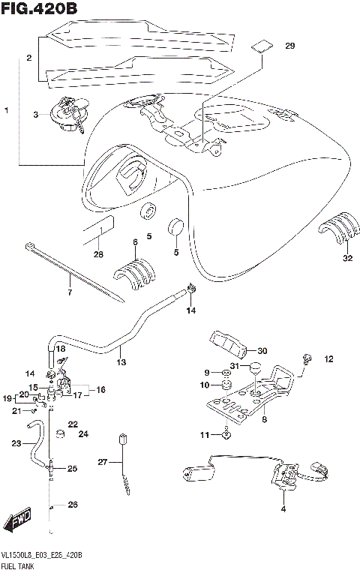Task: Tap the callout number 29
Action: click(x=290, y=46)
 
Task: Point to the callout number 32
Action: click(x=346, y=259)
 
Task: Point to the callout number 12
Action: click(x=328, y=360)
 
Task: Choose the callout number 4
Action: click(x=283, y=509)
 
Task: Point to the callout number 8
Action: click(x=264, y=420)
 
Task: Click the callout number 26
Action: click(x=73, y=505)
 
